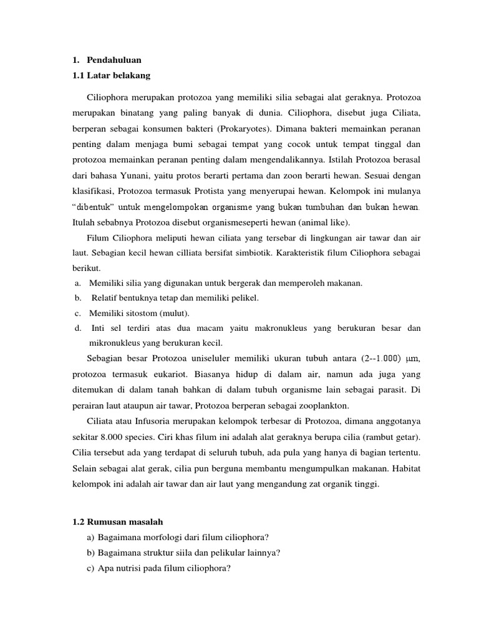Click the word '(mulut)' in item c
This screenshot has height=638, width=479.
click(x=175, y=313)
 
